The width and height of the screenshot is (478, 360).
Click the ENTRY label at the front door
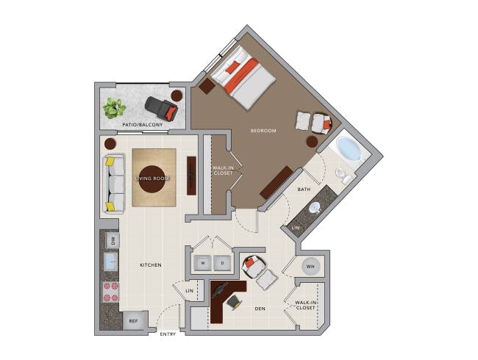click(x=168, y=334)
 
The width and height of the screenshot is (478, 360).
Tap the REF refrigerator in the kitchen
click(x=134, y=321)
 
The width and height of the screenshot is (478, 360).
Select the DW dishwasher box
click(x=113, y=241)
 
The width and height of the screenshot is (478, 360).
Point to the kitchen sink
click(x=111, y=262)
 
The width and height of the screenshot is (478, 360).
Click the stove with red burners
click(x=110, y=292)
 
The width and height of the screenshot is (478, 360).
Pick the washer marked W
click(x=203, y=263)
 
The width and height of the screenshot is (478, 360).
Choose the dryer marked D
click(x=222, y=263)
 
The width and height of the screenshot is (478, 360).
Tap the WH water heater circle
click(x=310, y=267)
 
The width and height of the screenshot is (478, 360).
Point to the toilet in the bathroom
click(x=343, y=176)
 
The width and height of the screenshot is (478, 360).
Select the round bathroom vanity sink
click(x=314, y=209)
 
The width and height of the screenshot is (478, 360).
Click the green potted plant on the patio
click(x=114, y=108)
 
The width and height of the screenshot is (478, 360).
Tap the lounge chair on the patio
click(x=161, y=108)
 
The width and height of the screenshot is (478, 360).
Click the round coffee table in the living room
click(x=151, y=179)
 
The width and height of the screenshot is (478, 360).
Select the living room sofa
click(x=114, y=184)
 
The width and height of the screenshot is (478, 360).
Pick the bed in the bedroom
click(x=243, y=77)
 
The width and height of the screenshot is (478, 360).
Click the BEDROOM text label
click(x=263, y=131)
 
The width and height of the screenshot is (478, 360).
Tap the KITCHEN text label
click(x=151, y=265)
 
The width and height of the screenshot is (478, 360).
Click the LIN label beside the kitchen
click(x=190, y=291)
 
